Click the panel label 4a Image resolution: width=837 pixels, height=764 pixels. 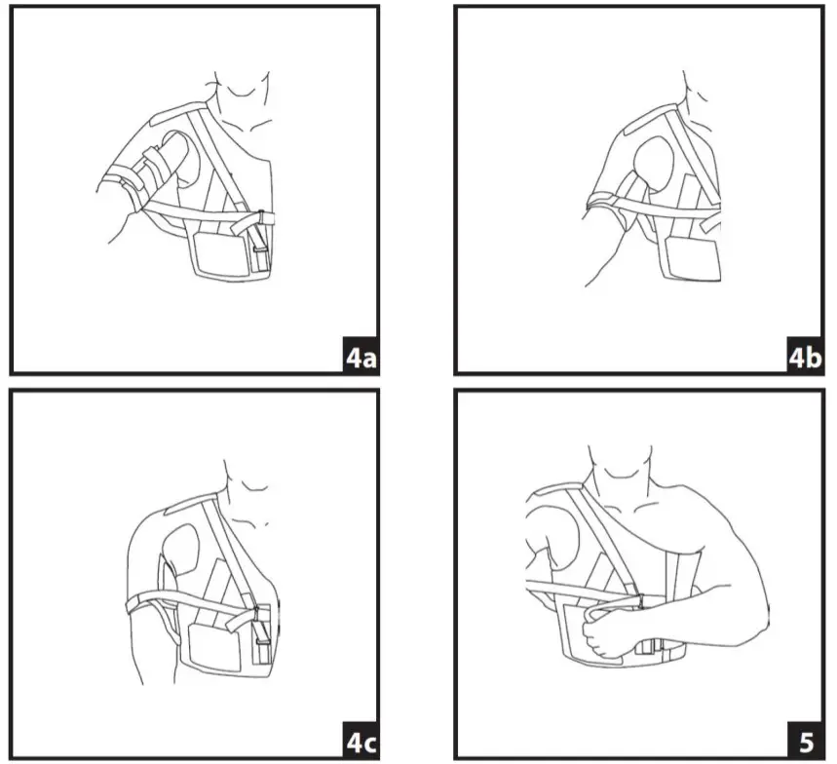click(361, 359)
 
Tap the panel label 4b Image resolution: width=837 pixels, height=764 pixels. click(805, 359)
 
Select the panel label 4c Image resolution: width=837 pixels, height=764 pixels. click(361, 744)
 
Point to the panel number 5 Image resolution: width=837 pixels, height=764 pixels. click(806, 744)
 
